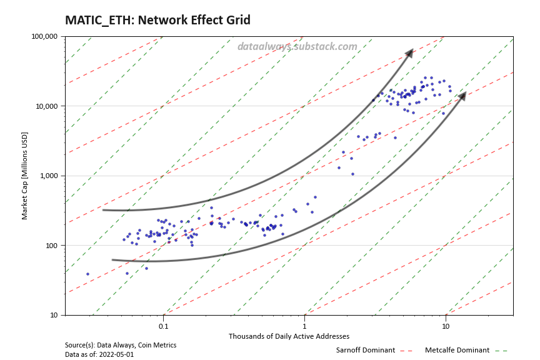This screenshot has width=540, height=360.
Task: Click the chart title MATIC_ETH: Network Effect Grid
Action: (157, 21)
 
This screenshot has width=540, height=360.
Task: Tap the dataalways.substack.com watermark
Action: (297, 46)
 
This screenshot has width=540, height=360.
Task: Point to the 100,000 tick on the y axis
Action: (44, 36)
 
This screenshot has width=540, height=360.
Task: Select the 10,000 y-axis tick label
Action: (46, 106)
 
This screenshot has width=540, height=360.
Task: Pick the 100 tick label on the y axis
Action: (51, 246)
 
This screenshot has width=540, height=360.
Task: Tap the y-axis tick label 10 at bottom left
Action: (54, 315)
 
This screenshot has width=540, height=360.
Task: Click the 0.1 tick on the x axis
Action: (163, 326)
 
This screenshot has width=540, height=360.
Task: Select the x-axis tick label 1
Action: (304, 326)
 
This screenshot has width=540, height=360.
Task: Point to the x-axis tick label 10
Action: (446, 326)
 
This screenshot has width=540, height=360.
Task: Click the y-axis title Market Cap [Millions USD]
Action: (26, 176)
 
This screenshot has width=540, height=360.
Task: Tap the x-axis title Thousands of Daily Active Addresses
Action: (289, 336)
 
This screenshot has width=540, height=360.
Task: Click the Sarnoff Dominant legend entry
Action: (366, 350)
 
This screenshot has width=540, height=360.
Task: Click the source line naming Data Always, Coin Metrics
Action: (121, 345)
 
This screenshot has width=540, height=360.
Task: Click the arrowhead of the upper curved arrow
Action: (409, 52)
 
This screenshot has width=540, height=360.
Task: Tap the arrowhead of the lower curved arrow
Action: (462, 96)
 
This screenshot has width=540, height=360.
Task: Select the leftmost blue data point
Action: (87, 274)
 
